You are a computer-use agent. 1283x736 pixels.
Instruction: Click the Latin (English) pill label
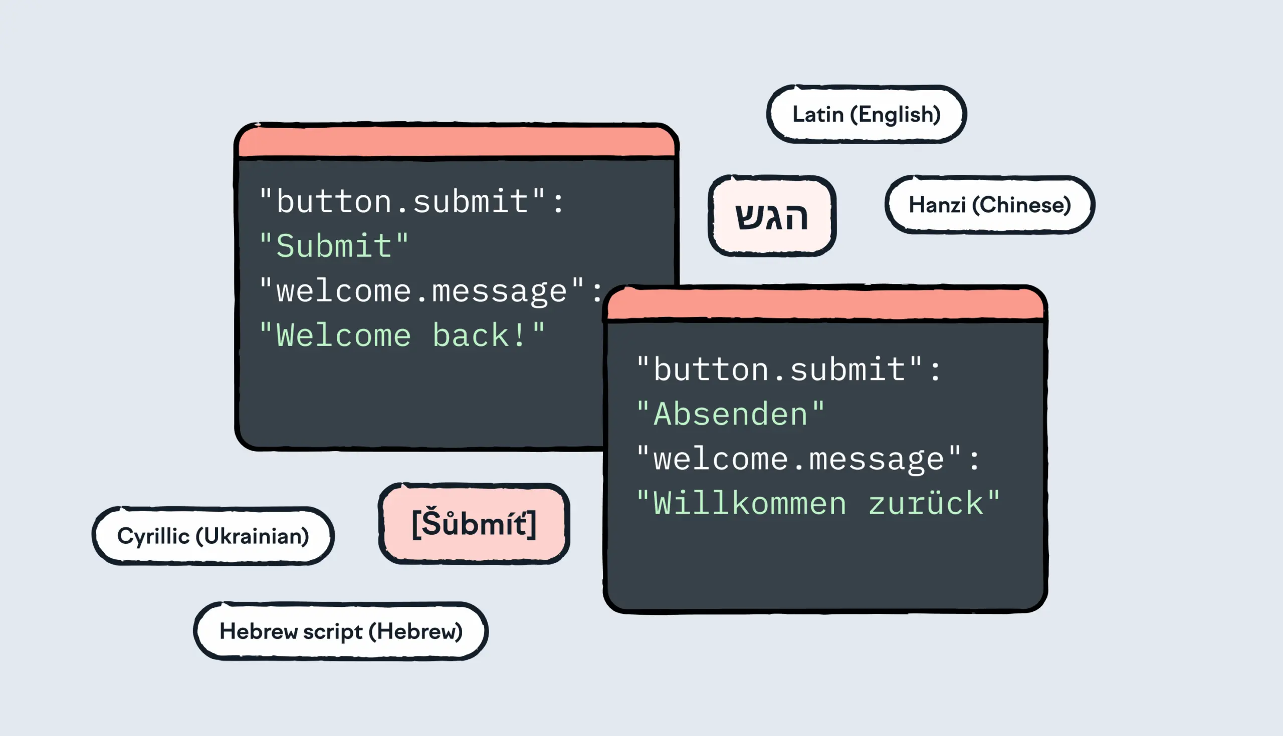point(866,115)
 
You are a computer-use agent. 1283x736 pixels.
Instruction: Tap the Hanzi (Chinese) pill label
point(990,205)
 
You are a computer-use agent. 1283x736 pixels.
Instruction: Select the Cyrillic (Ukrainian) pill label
point(213,536)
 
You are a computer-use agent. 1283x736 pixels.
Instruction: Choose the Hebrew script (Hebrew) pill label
point(340,631)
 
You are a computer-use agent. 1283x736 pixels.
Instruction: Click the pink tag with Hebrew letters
point(771,216)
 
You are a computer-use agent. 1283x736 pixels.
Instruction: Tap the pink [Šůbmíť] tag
point(474,524)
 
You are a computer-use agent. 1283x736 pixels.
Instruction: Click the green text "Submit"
point(334,246)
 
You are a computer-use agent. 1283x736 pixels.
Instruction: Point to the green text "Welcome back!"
point(402,335)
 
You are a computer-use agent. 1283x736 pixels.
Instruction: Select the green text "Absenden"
point(731,414)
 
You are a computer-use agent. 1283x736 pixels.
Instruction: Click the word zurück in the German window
point(926,504)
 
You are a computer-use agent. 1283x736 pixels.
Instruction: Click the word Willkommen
point(749,504)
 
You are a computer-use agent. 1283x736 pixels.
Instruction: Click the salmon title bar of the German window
point(824,304)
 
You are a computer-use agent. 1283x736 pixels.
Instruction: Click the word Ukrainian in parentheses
point(253,536)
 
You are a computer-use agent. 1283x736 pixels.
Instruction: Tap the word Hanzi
point(937,205)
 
